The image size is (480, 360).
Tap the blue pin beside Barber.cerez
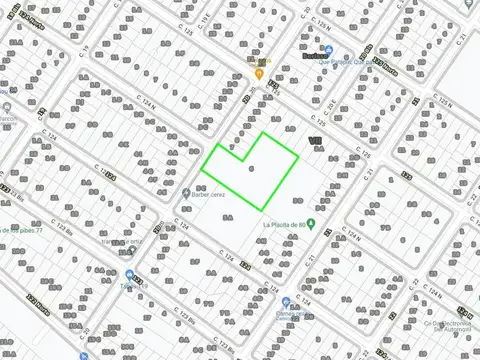coord(187,193)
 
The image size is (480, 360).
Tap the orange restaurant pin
coord(259,73)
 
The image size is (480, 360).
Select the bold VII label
coord(316,141)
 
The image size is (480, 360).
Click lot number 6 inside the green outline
coord(251,167)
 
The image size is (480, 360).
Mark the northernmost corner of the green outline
coord(264,133)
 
